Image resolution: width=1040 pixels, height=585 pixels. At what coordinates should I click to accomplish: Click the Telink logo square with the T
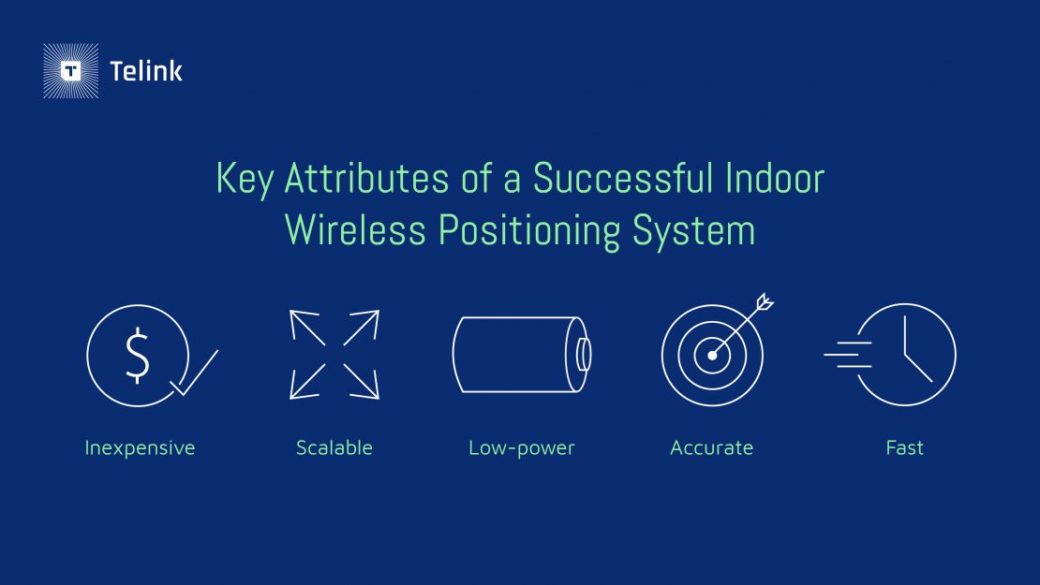tap(70, 71)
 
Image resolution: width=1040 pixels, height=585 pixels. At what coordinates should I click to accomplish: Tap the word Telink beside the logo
tap(146, 71)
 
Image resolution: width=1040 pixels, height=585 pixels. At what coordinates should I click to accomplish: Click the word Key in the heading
tap(243, 179)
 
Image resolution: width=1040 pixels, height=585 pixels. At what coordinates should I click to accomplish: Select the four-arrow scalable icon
tap(334, 355)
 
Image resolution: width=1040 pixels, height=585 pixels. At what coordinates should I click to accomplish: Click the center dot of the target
tap(712, 356)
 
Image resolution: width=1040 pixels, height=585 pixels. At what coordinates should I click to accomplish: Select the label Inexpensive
tap(140, 448)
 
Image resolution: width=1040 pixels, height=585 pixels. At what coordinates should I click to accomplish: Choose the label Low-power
tap(521, 448)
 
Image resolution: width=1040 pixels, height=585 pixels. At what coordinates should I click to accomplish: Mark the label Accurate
tap(711, 448)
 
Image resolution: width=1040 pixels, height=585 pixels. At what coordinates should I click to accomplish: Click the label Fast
tap(904, 448)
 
